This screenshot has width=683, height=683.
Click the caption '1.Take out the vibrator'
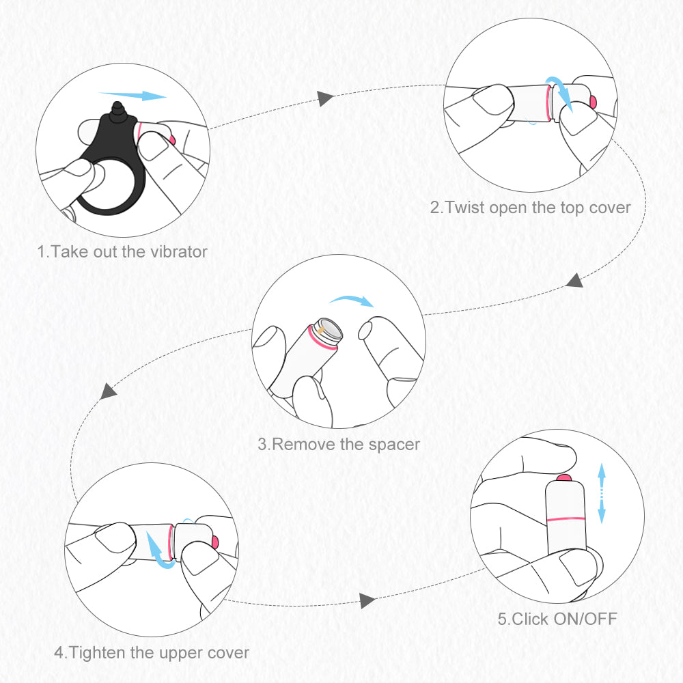[x=122, y=251]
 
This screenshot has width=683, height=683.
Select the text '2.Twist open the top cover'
[x=530, y=207]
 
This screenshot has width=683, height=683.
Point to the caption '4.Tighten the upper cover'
[x=152, y=652]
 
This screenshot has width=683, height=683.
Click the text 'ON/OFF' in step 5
[x=583, y=619]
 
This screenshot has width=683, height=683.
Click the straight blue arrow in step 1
[x=133, y=96]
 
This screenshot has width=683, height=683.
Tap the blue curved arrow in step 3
[x=351, y=301]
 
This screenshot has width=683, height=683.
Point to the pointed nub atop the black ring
[x=117, y=109]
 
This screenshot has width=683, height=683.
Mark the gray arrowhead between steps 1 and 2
[x=326, y=98]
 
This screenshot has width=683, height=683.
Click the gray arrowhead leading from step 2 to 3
[x=574, y=280]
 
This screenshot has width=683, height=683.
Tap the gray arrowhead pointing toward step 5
[x=367, y=600]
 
